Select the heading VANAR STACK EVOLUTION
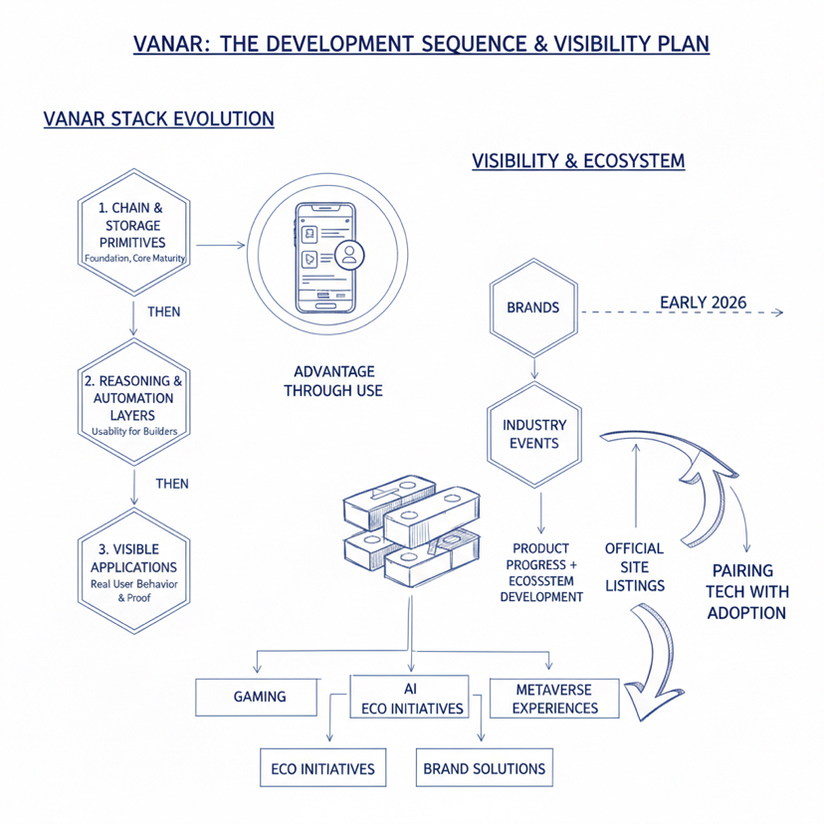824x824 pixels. (x=159, y=119)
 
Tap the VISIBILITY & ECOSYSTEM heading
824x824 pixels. (x=578, y=160)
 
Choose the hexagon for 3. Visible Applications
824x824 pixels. (x=132, y=568)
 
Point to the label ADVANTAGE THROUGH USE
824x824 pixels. (x=332, y=381)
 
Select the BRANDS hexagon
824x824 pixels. (x=533, y=308)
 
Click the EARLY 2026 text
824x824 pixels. (x=704, y=303)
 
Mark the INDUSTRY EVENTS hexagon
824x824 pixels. (x=534, y=434)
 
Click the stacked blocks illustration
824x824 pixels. (x=403, y=531)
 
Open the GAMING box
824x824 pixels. (x=260, y=697)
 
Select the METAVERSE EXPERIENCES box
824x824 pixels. (x=556, y=699)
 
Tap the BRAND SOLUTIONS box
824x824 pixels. (x=485, y=768)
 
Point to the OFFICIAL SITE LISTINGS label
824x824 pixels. (x=634, y=567)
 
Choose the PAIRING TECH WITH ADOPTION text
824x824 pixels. (x=747, y=591)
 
